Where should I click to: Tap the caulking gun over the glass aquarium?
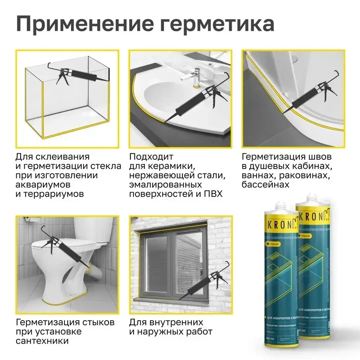[78, 75]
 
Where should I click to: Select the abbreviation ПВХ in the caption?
[213, 194]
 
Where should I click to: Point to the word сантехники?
[42, 341]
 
